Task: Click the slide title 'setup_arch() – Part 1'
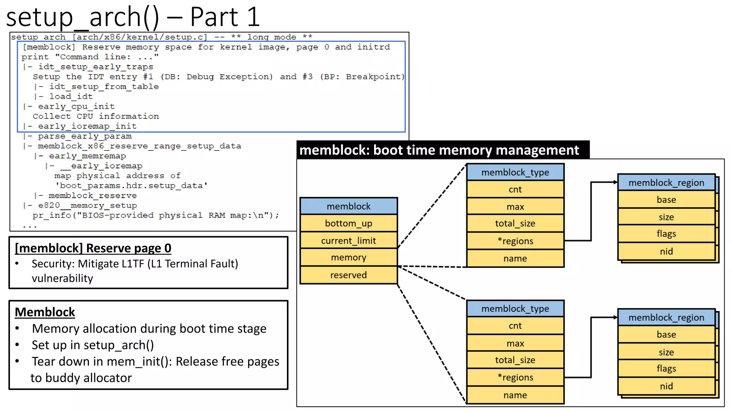pos(133,17)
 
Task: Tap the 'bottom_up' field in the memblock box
pos(348,223)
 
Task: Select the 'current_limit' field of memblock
pos(348,241)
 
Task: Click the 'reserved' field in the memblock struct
pos(348,275)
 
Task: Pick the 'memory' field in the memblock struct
pos(348,258)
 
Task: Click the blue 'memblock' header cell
pos(348,206)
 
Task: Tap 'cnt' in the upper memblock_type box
pos(515,189)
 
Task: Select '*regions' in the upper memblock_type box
pos(515,241)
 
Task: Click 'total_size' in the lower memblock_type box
pos(515,360)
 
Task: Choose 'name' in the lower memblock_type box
pos(515,395)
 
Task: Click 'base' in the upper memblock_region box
pos(666,200)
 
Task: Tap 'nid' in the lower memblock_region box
pos(666,386)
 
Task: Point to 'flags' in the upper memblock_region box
pos(666,234)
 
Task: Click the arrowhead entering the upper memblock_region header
pos(615,182)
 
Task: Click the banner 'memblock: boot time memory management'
pos(439,150)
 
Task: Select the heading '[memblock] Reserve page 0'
pos(93,248)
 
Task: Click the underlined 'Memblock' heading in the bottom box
pos(45,312)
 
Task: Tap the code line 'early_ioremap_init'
pos(87,126)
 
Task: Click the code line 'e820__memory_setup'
pos(87,205)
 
